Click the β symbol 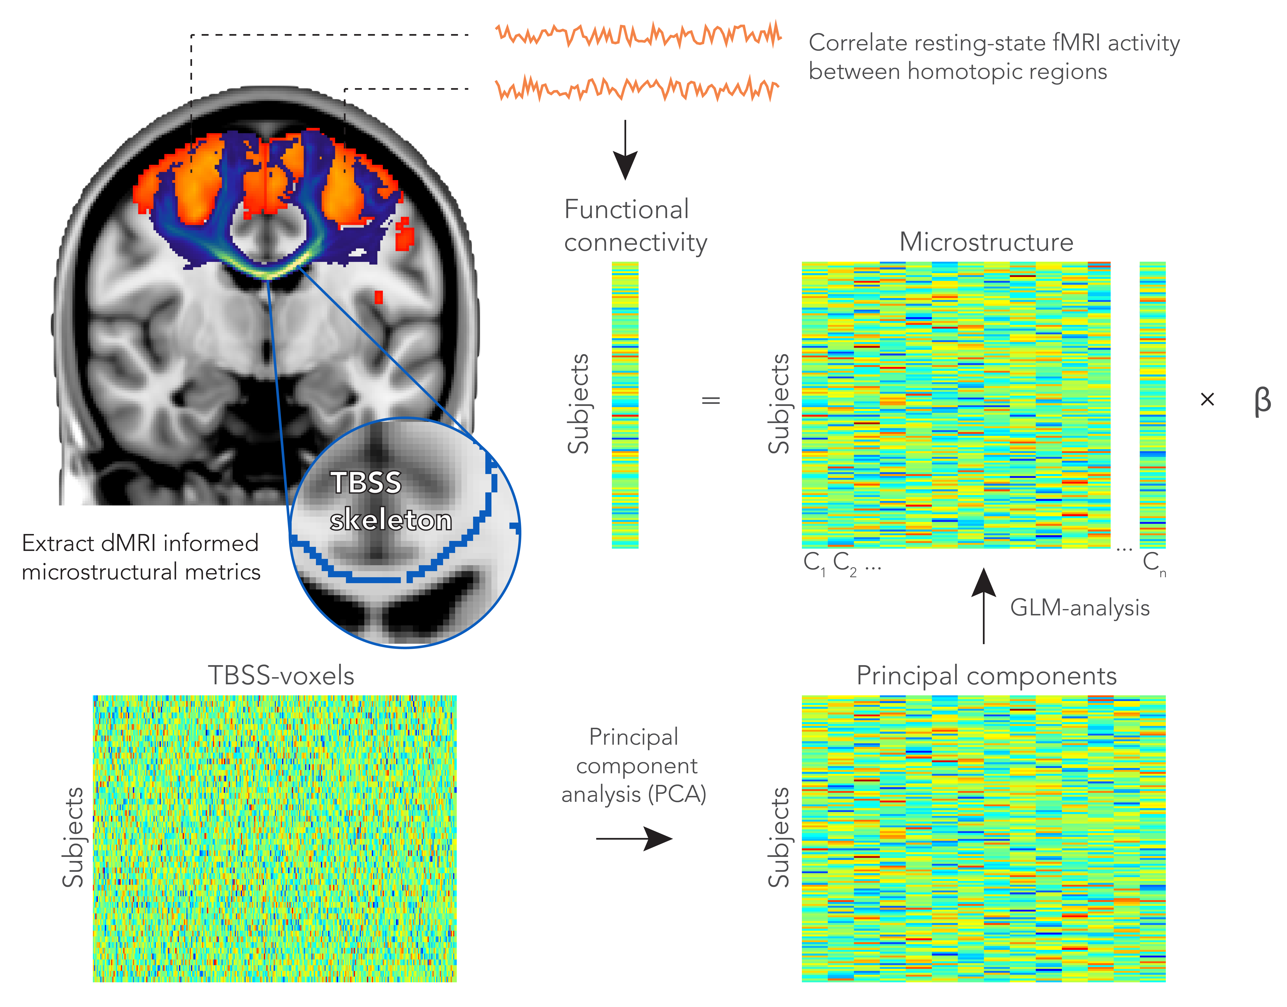pos(1262,401)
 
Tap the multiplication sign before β pos(1207,400)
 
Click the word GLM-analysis pos(1079,608)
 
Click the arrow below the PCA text pos(634,838)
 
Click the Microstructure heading pos(986,242)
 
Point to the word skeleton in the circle pos(390,520)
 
